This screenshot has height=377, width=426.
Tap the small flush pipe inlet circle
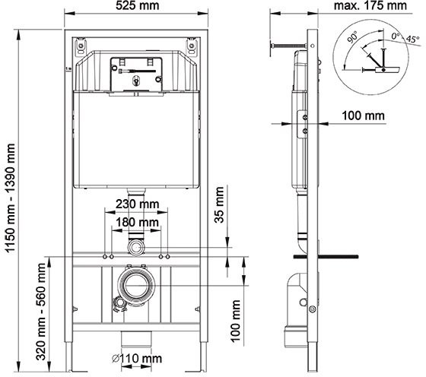pos(136,247)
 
